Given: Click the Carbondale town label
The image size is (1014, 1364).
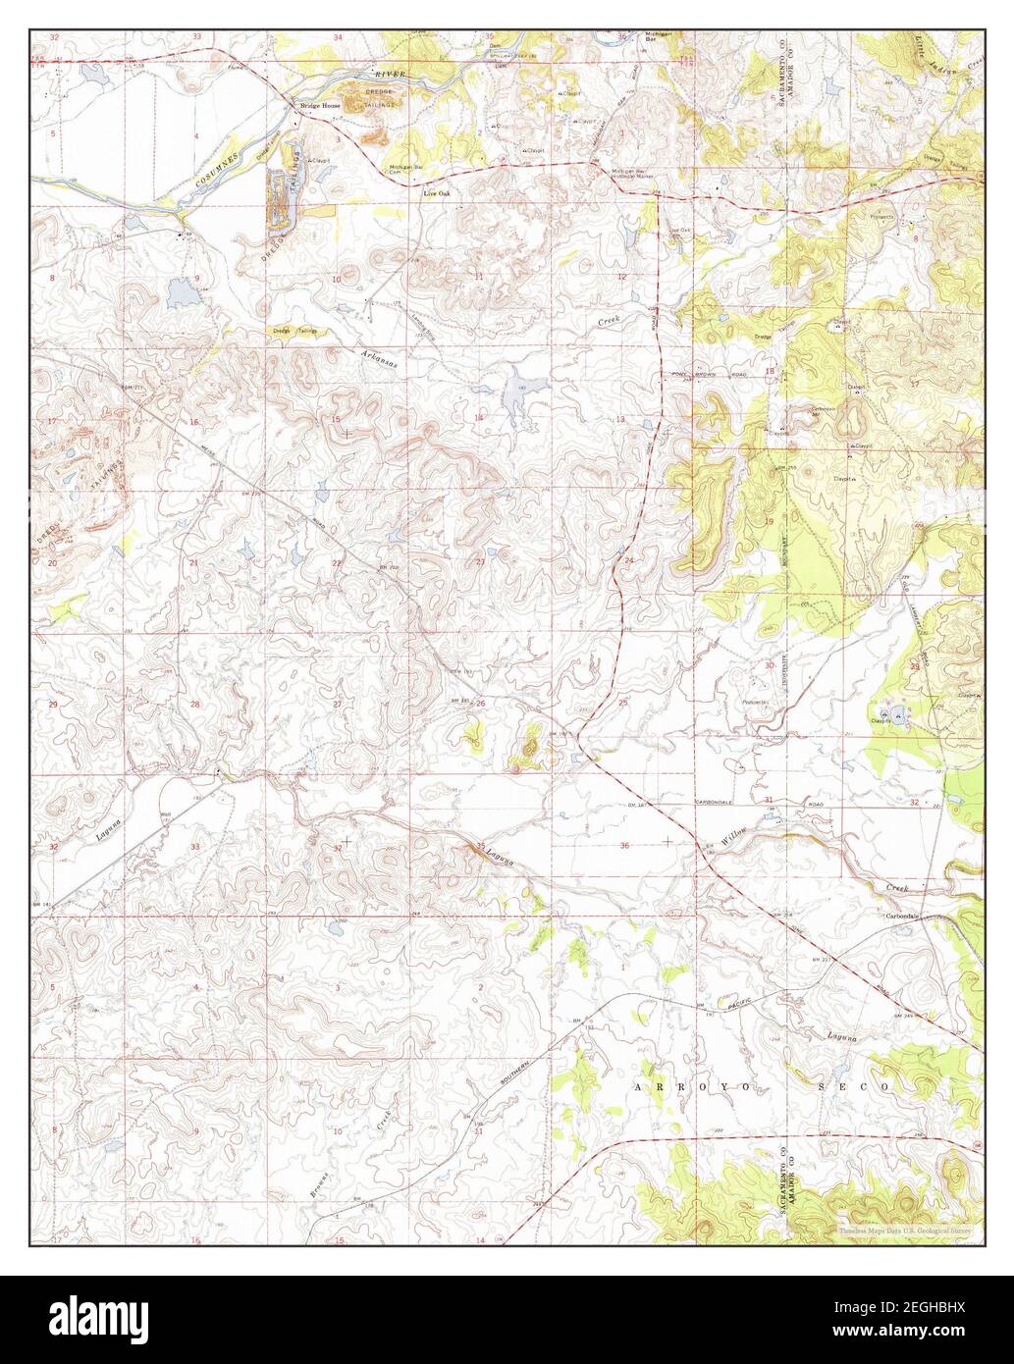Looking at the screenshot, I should (901, 916).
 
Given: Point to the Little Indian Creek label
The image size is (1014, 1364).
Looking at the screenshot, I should (947, 54).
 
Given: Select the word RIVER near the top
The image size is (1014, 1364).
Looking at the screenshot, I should (390, 75).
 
